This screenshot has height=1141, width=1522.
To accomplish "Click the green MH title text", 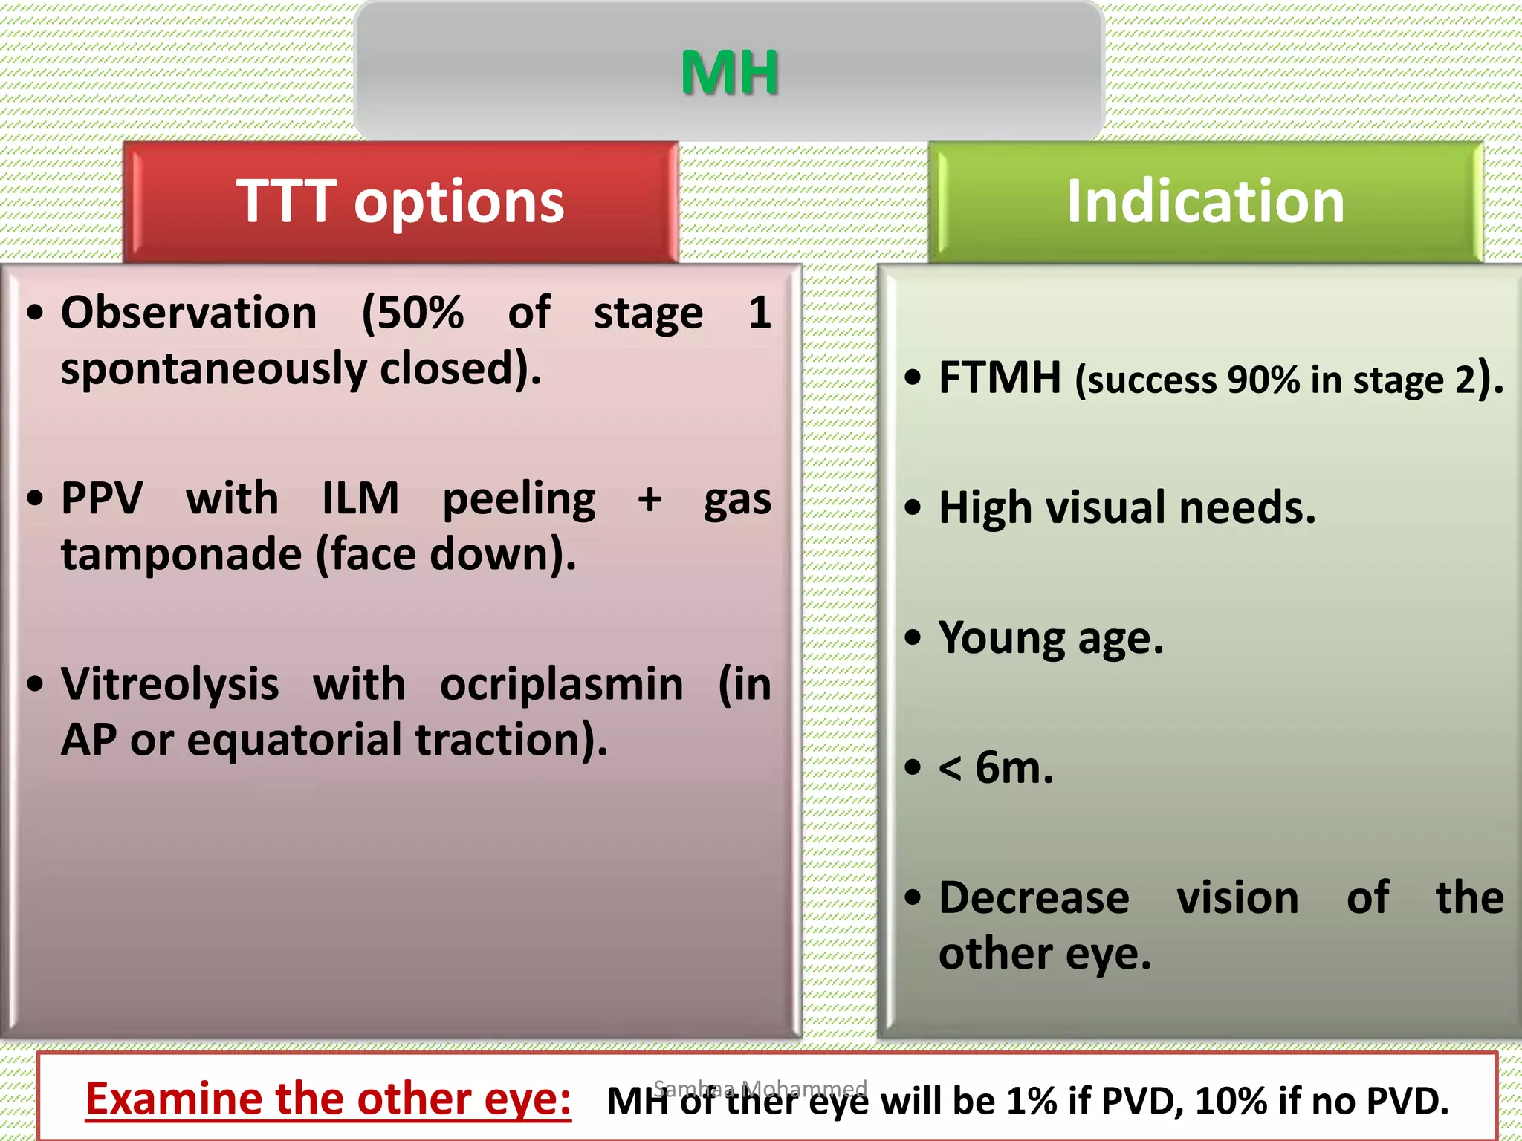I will click(x=729, y=73).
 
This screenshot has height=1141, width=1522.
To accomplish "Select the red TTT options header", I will click(x=401, y=202).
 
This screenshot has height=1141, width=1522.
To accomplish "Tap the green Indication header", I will click(x=1205, y=202).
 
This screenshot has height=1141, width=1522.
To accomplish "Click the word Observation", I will click(x=189, y=313).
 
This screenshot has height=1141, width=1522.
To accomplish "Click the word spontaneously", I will click(x=213, y=369).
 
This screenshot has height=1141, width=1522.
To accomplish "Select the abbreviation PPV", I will click(x=102, y=498).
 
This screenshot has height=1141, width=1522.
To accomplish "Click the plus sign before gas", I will click(x=650, y=498).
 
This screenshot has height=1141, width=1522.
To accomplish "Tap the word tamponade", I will click(x=181, y=555).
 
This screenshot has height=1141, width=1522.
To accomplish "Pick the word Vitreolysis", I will click(x=170, y=684).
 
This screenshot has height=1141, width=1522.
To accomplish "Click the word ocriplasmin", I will click(x=561, y=684).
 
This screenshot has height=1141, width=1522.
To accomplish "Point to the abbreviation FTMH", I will click(x=1000, y=378).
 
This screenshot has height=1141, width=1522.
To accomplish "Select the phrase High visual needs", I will click(x=1127, y=508).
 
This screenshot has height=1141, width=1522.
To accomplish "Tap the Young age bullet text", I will click(x=1051, y=638).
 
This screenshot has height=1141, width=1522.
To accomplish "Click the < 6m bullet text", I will click(x=996, y=767).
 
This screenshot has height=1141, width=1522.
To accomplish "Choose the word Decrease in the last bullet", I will click(x=1034, y=897).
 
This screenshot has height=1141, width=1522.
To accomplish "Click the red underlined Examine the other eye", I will click(x=328, y=1099).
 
